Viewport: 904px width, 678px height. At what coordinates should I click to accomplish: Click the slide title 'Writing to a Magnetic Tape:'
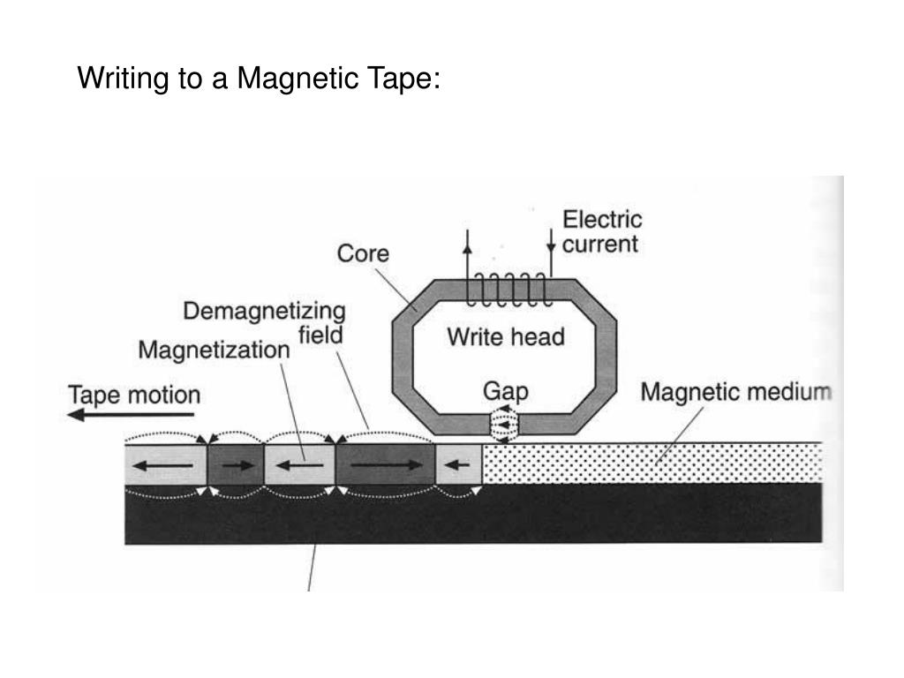tap(259, 79)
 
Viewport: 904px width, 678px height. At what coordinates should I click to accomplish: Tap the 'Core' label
tap(363, 253)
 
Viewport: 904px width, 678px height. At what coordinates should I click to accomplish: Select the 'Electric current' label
tap(603, 230)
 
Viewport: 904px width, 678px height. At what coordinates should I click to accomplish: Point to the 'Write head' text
tap(505, 336)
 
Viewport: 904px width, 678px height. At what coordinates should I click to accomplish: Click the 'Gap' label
tap(505, 390)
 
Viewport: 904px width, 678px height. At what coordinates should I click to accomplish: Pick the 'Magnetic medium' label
tap(735, 391)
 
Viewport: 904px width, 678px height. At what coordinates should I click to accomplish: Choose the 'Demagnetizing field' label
tap(265, 322)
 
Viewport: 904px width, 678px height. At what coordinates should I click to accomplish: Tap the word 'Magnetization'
tap(214, 350)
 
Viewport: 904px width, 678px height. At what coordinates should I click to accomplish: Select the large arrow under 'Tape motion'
tap(132, 414)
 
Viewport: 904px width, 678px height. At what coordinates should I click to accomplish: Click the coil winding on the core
tap(510, 289)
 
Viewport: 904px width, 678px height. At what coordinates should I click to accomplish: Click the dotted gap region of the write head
tap(502, 425)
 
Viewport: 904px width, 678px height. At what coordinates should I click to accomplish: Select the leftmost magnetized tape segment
tap(165, 464)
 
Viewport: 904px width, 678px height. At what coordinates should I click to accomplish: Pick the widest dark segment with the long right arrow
tap(385, 464)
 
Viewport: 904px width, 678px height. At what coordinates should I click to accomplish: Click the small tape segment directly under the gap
tap(458, 464)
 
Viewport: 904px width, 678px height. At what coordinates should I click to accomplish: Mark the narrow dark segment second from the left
tap(235, 464)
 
